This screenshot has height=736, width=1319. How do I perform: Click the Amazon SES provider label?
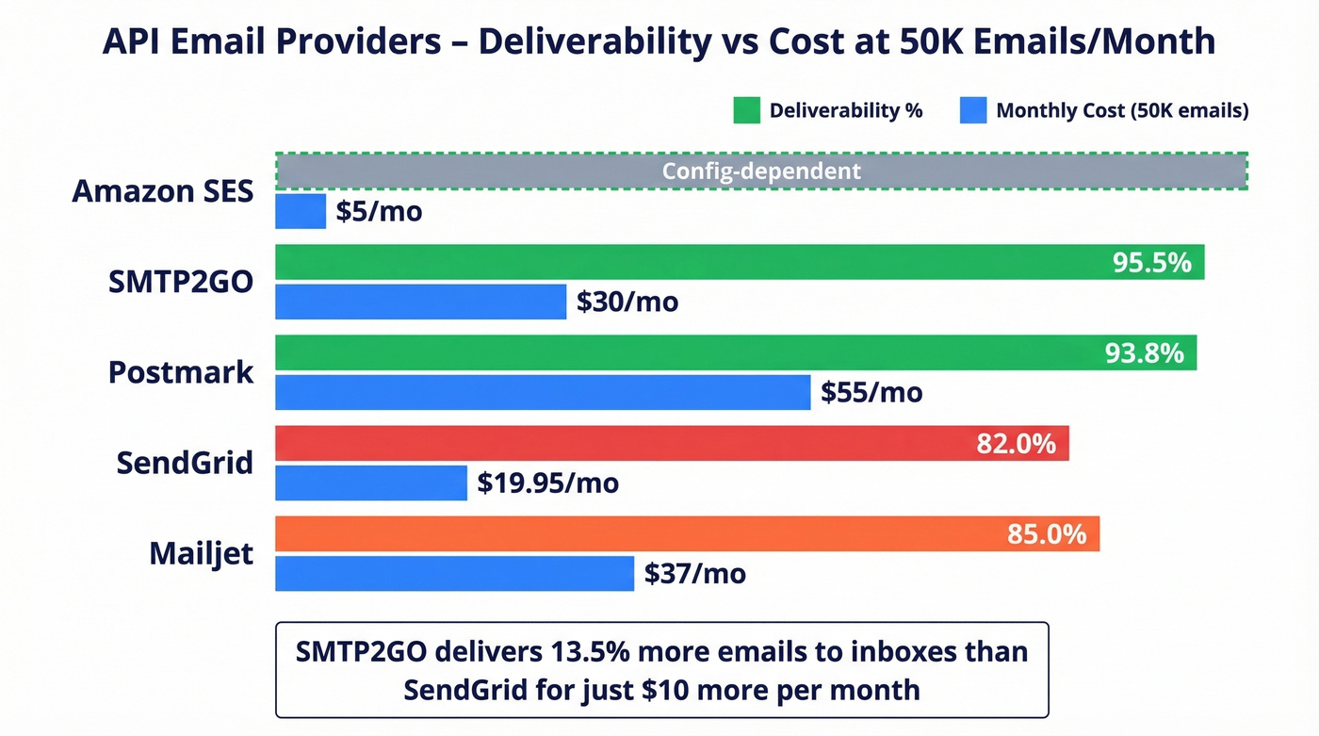(x=163, y=191)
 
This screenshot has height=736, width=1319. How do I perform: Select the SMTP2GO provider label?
(x=181, y=282)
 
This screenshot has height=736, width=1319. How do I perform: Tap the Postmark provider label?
(x=181, y=372)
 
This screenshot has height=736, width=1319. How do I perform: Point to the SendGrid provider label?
(x=185, y=463)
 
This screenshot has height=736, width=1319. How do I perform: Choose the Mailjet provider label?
(x=202, y=553)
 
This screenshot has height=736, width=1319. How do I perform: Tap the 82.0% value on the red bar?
(x=1016, y=443)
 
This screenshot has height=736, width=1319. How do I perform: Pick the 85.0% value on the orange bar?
(x=1047, y=534)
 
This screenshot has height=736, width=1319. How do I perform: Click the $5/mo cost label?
(x=379, y=212)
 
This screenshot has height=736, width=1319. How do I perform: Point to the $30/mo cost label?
(x=627, y=303)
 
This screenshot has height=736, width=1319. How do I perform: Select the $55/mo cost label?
(x=871, y=393)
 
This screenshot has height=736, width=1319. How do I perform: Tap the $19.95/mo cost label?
(x=547, y=483)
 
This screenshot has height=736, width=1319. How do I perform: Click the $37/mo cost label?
(x=695, y=573)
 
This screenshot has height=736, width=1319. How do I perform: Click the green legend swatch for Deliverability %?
(x=746, y=110)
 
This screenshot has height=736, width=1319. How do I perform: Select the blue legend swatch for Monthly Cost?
(x=972, y=110)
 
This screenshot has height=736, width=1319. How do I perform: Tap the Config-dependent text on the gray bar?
(x=761, y=172)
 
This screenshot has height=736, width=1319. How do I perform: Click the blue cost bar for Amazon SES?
(x=301, y=211)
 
